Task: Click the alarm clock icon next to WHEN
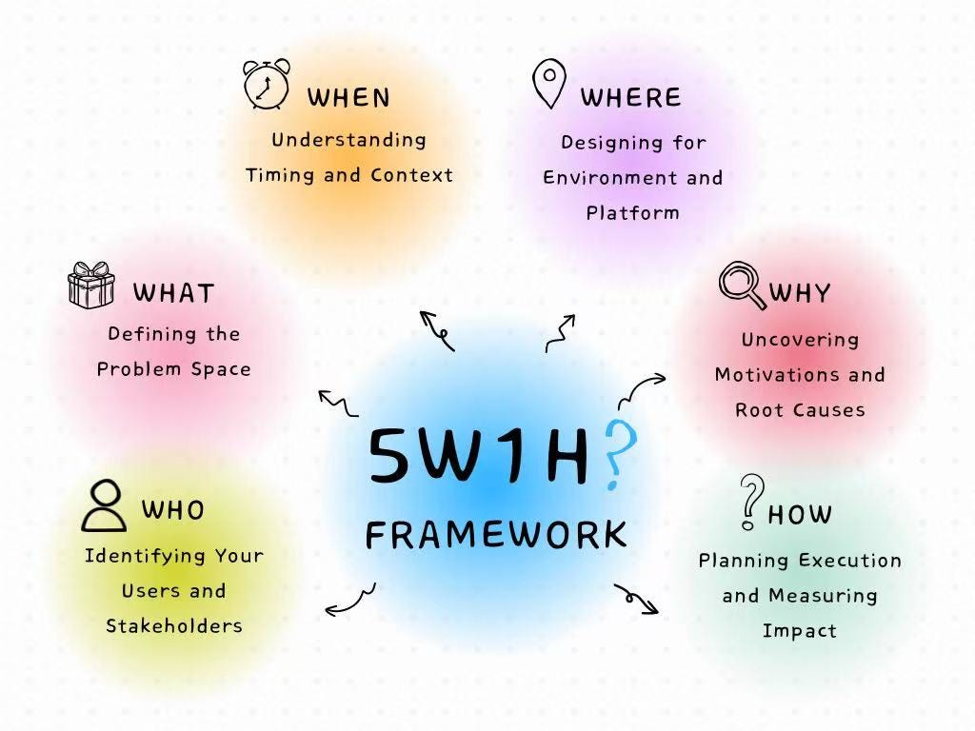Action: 267,85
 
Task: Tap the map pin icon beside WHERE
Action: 549,84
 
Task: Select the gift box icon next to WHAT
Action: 91,285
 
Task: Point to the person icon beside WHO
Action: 104,505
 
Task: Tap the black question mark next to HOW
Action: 752,501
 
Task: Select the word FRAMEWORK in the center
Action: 496,535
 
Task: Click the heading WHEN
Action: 348,97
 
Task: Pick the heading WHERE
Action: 630,97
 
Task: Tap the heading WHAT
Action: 173,292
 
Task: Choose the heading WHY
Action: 800,292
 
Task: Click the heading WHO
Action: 172,510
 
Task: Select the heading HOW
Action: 800,515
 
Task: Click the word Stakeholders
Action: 173,625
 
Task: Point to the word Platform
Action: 632,212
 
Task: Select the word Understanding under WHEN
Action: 348,139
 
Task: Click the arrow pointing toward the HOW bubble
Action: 636,598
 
